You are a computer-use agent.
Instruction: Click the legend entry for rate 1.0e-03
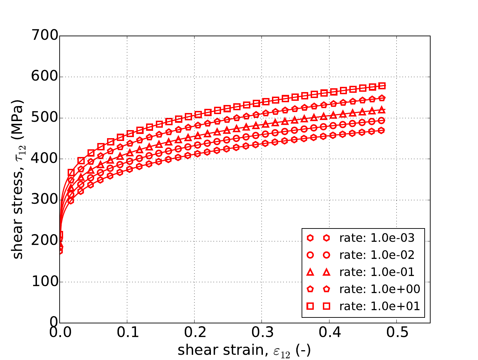[x=377, y=238]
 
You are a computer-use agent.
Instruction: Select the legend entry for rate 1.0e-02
[x=377, y=255]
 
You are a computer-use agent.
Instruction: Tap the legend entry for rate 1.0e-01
[x=377, y=272]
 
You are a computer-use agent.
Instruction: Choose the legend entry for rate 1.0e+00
[x=380, y=289]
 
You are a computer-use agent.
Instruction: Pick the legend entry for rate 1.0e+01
[x=380, y=306]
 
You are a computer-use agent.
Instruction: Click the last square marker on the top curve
[x=382, y=86]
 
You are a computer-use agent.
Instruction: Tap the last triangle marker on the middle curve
[x=382, y=110]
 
